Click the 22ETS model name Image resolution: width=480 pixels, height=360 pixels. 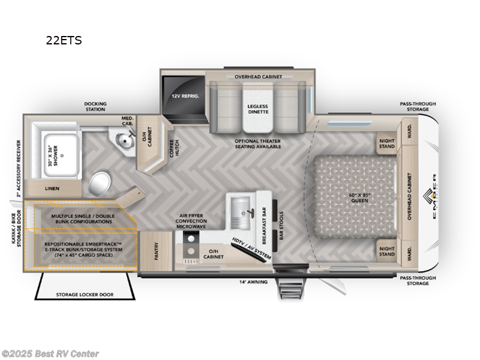[x=64, y=41]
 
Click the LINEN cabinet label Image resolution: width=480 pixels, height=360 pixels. [x=53, y=188]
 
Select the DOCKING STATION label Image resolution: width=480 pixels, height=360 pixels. [x=95, y=107]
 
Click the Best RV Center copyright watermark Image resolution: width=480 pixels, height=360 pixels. [x=50, y=354]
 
